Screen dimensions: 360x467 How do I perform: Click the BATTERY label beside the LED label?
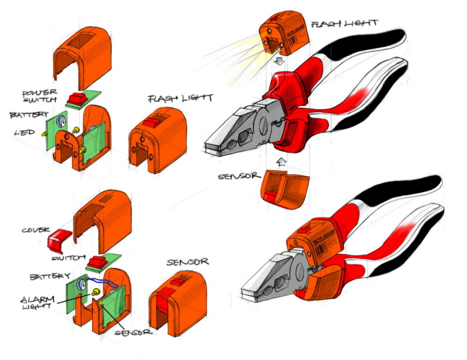[29, 115]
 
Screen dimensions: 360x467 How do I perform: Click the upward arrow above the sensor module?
[281, 160]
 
